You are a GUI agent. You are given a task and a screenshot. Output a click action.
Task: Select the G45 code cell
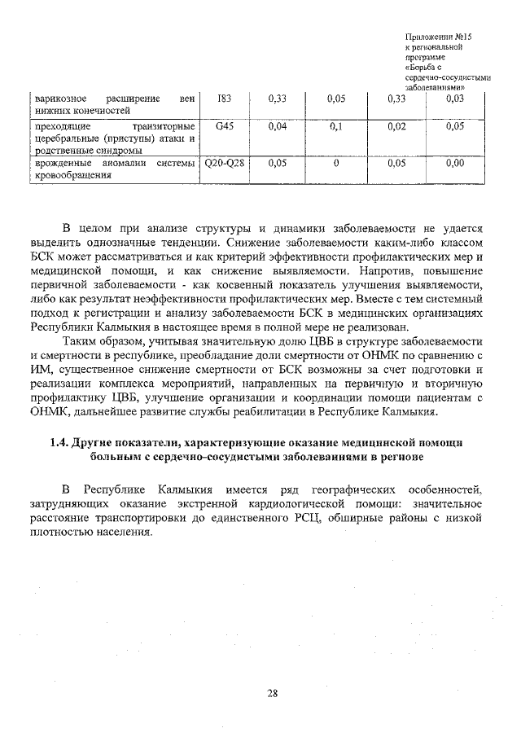[225, 127]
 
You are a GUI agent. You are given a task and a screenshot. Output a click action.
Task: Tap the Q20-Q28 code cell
[225, 163]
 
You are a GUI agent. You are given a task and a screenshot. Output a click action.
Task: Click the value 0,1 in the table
[335, 127]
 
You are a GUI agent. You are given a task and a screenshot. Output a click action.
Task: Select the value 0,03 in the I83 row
[455, 99]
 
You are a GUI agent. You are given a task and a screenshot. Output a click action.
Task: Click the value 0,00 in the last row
[455, 163]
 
